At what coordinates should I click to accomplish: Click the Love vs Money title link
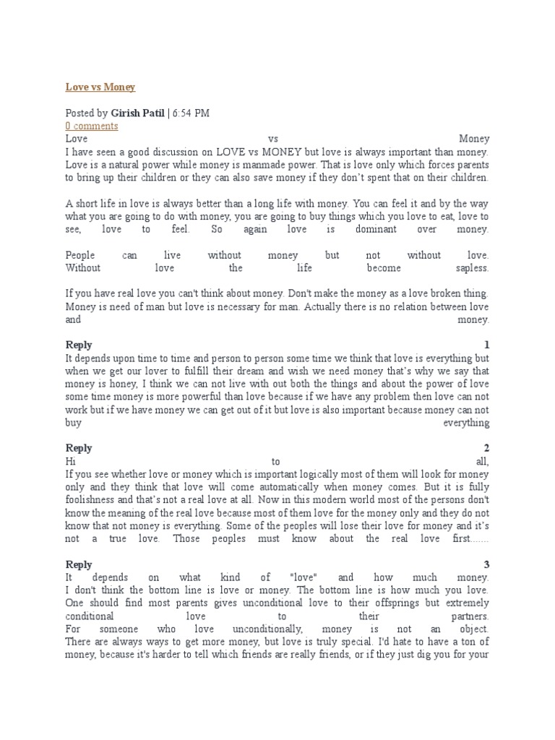[100, 87]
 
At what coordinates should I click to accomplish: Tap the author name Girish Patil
[137, 113]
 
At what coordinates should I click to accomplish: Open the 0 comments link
[92, 126]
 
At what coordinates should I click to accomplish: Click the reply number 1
[486, 345]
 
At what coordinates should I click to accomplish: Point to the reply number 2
[486, 448]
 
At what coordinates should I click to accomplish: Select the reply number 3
[486, 564]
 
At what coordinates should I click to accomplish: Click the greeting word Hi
[71, 461]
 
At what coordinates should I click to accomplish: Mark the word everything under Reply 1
[468, 423]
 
